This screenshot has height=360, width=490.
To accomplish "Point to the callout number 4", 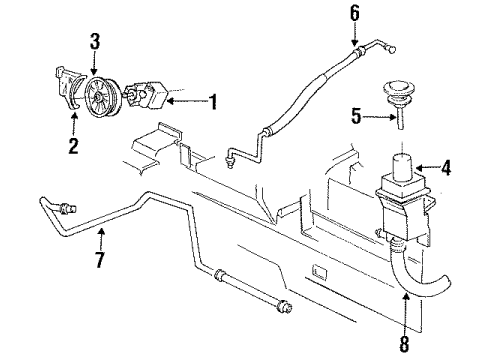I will point(446,169).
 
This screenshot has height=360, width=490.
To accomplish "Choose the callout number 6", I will point(353,15).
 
